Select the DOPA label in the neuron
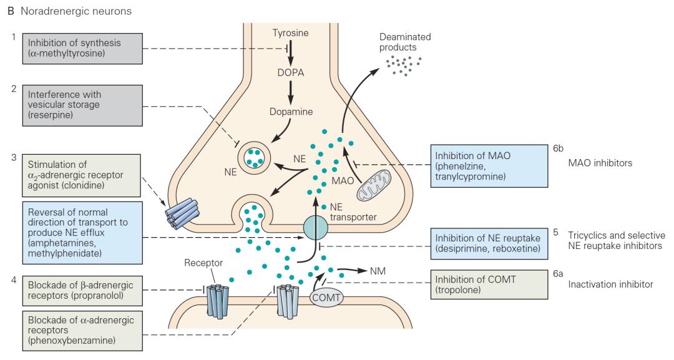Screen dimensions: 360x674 (290, 72)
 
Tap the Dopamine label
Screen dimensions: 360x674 (290, 112)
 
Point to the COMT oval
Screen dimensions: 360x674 (326, 298)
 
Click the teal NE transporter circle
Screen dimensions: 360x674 (316, 228)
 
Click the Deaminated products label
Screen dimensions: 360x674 (405, 42)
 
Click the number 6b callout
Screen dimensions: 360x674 (559, 150)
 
